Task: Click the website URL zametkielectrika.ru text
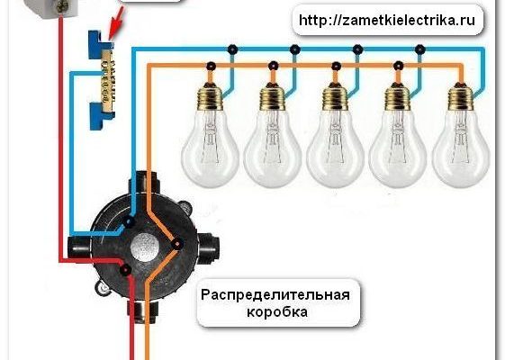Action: [x=387, y=21]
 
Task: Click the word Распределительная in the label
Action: [x=275, y=295]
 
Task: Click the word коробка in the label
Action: [x=277, y=312]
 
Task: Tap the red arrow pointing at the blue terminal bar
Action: [x=115, y=23]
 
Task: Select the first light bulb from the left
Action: [x=210, y=135]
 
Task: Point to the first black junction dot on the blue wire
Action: [x=232, y=49]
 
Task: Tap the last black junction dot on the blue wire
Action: [x=420, y=49]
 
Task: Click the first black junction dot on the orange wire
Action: [x=211, y=67]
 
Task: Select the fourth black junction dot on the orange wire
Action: [x=399, y=67]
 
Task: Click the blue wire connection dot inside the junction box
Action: [x=129, y=222]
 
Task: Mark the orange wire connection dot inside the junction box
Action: [x=176, y=244]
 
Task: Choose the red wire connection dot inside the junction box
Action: [x=126, y=269]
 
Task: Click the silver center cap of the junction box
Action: [x=145, y=247]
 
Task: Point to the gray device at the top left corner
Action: [x=56, y=9]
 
